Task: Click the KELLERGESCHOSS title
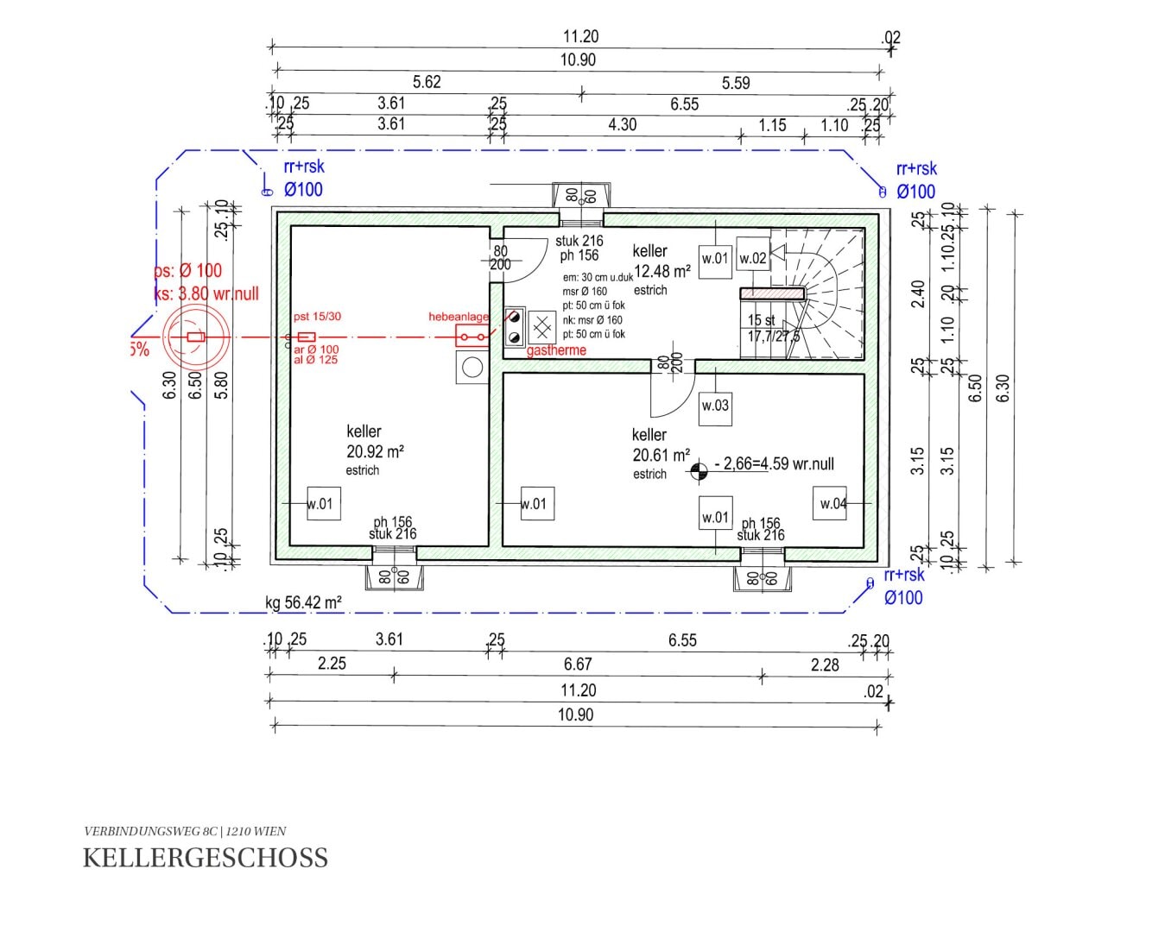(x=206, y=858)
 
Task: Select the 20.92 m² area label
(x=375, y=450)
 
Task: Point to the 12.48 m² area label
(x=662, y=271)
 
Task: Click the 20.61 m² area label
(x=661, y=455)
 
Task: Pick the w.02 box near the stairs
(x=753, y=258)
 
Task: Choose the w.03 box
(x=715, y=406)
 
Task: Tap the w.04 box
(x=830, y=504)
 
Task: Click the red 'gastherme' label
(x=556, y=350)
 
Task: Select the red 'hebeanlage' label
(x=458, y=317)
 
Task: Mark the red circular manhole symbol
(x=195, y=337)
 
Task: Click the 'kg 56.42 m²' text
(x=304, y=602)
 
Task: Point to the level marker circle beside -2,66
(x=699, y=469)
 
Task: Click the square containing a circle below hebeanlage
(x=472, y=367)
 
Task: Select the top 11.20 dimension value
(x=580, y=36)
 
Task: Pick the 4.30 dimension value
(x=622, y=124)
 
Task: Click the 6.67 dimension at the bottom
(x=578, y=664)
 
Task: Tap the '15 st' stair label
(x=761, y=320)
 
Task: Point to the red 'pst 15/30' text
(x=317, y=317)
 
